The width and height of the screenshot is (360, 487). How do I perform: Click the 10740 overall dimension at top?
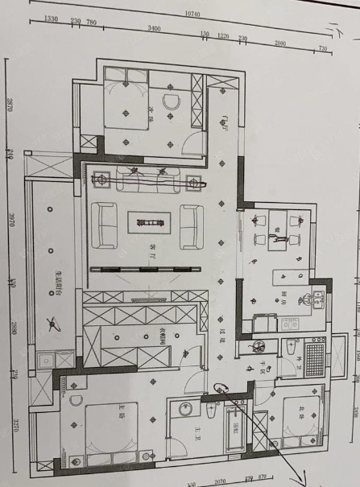tap(191, 14)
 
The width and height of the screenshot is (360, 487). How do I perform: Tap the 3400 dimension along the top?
tap(152, 30)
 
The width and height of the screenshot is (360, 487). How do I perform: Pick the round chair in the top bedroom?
tap(170, 102)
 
